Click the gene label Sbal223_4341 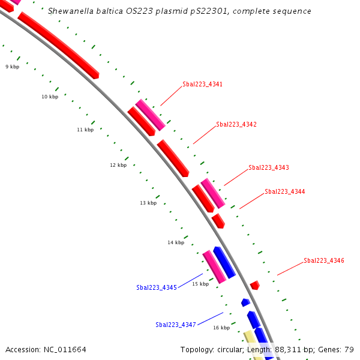click(x=202, y=84)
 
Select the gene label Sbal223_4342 click(x=236, y=124)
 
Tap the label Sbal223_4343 click(x=269, y=167)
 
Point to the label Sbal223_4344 click(x=285, y=191)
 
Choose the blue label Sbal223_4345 click(x=157, y=287)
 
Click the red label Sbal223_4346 click(x=324, y=260)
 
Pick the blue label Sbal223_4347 click(x=176, y=325)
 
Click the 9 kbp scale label click(x=12, y=67)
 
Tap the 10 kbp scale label click(x=50, y=97)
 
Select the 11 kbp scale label click(x=85, y=130)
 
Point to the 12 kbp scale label click(x=118, y=165)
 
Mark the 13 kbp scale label click(x=148, y=203)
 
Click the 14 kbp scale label click(x=176, y=242)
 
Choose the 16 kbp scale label click(x=221, y=328)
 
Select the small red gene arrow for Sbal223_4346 click(x=255, y=285)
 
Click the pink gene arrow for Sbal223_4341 click(x=150, y=115)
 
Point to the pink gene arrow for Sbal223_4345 click(x=214, y=266)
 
